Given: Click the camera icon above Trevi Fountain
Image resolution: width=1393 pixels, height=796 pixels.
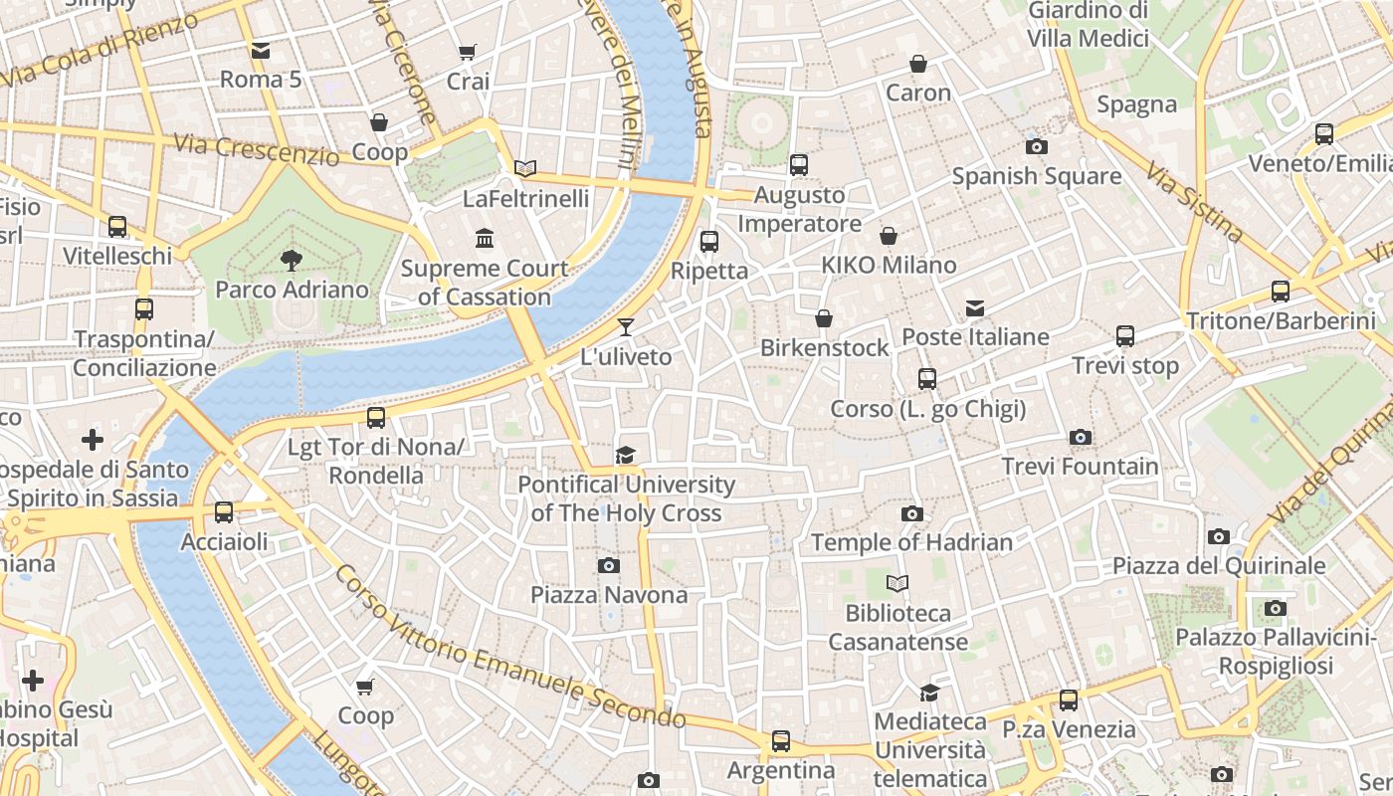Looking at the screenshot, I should click(1080, 437).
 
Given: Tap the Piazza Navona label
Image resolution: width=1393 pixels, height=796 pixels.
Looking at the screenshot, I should click(608, 595).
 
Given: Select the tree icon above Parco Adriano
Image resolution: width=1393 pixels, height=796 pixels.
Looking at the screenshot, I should click(292, 261).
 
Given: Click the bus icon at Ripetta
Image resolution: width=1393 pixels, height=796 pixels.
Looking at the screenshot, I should click(709, 241).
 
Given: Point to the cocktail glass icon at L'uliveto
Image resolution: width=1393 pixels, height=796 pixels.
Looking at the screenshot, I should click(626, 326).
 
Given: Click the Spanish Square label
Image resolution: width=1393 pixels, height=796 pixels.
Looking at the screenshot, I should click(1036, 176).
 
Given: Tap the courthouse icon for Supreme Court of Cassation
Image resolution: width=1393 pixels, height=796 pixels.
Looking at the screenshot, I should click(485, 238).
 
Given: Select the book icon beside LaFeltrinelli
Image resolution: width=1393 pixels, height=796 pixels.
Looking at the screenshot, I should click(525, 168).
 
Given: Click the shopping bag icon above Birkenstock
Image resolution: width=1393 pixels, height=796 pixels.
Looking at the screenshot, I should click(824, 318).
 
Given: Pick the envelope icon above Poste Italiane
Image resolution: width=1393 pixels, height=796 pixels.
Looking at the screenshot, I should click(975, 308).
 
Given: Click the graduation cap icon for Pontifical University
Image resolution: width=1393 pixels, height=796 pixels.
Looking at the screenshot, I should click(625, 455).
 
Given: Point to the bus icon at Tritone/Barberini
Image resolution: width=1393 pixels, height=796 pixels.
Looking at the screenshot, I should click(1281, 292).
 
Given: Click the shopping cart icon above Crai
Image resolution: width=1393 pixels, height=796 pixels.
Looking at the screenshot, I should click(468, 52).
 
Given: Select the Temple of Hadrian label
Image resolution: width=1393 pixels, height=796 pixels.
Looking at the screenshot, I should click(911, 542).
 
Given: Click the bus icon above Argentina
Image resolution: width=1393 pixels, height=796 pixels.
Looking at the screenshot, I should click(781, 741).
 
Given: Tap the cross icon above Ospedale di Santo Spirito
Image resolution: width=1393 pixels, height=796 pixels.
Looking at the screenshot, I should click(93, 440).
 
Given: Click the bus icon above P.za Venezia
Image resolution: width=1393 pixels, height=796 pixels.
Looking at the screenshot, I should click(1069, 699).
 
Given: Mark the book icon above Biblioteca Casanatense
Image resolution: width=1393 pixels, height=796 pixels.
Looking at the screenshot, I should click(897, 583).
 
